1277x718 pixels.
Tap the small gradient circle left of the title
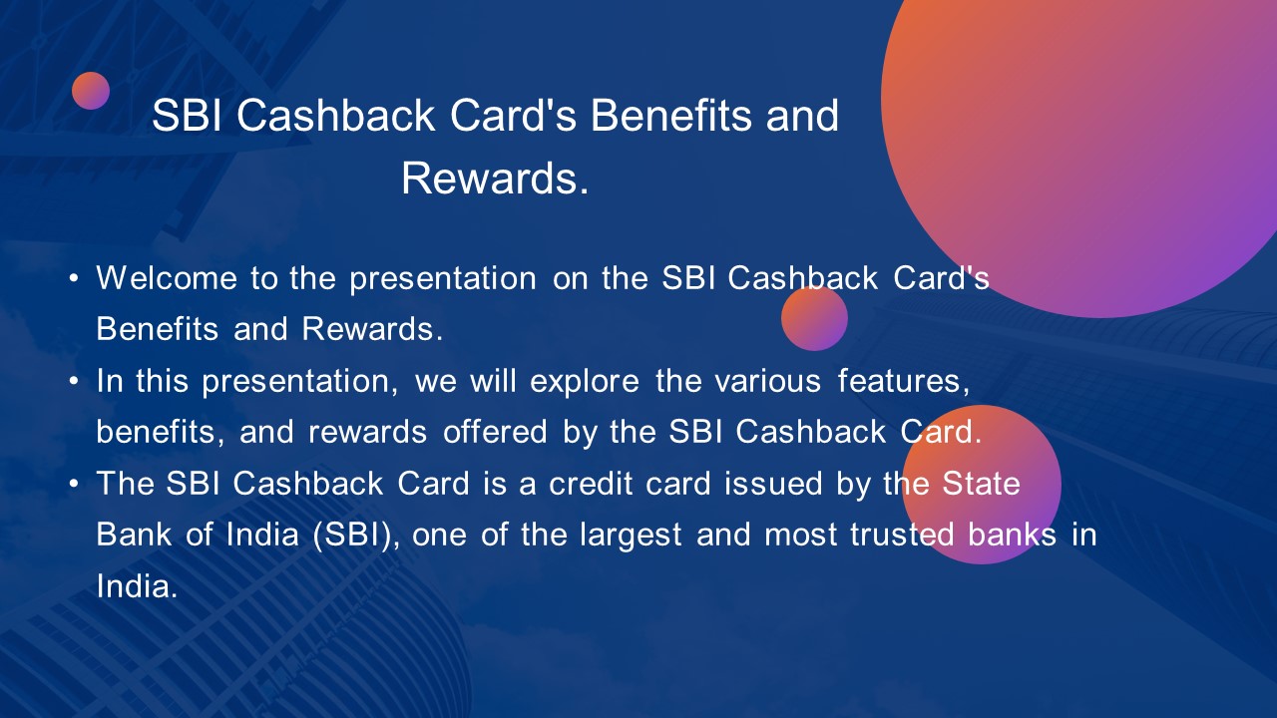pyautogui.click(x=91, y=91)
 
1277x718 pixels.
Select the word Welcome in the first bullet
pyautogui.click(x=167, y=278)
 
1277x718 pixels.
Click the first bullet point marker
pyautogui.click(x=74, y=278)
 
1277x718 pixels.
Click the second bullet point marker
pyautogui.click(x=74, y=381)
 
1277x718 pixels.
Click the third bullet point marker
pyautogui.click(x=74, y=485)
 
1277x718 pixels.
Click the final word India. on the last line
pyautogui.click(x=137, y=586)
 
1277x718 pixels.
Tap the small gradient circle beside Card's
pyautogui.click(x=814, y=319)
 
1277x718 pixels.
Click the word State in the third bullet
pyautogui.click(x=982, y=484)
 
